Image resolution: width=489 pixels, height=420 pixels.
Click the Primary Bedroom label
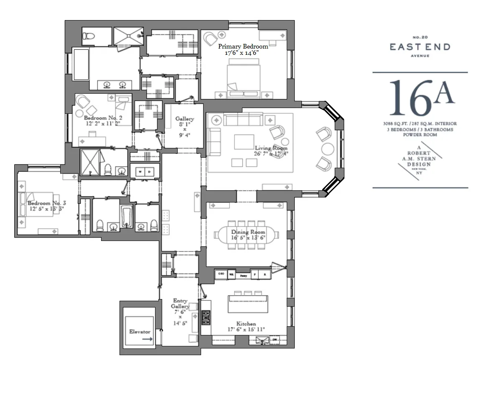[243, 46]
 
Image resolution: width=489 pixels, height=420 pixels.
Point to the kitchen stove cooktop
[206, 318]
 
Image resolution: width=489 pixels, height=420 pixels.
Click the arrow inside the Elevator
[147, 339]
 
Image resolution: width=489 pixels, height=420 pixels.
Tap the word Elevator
[140, 332]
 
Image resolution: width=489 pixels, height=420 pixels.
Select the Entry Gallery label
[180, 304]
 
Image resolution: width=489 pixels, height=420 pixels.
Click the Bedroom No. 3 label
[46, 203]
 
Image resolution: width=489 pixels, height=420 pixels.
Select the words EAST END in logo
[420, 47]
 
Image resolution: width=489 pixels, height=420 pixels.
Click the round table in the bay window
[327, 149]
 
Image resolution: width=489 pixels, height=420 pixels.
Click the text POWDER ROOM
[420, 135]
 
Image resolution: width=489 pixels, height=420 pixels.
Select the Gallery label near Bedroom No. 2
[184, 119]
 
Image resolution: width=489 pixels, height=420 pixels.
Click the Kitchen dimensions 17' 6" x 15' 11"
[246, 330]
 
